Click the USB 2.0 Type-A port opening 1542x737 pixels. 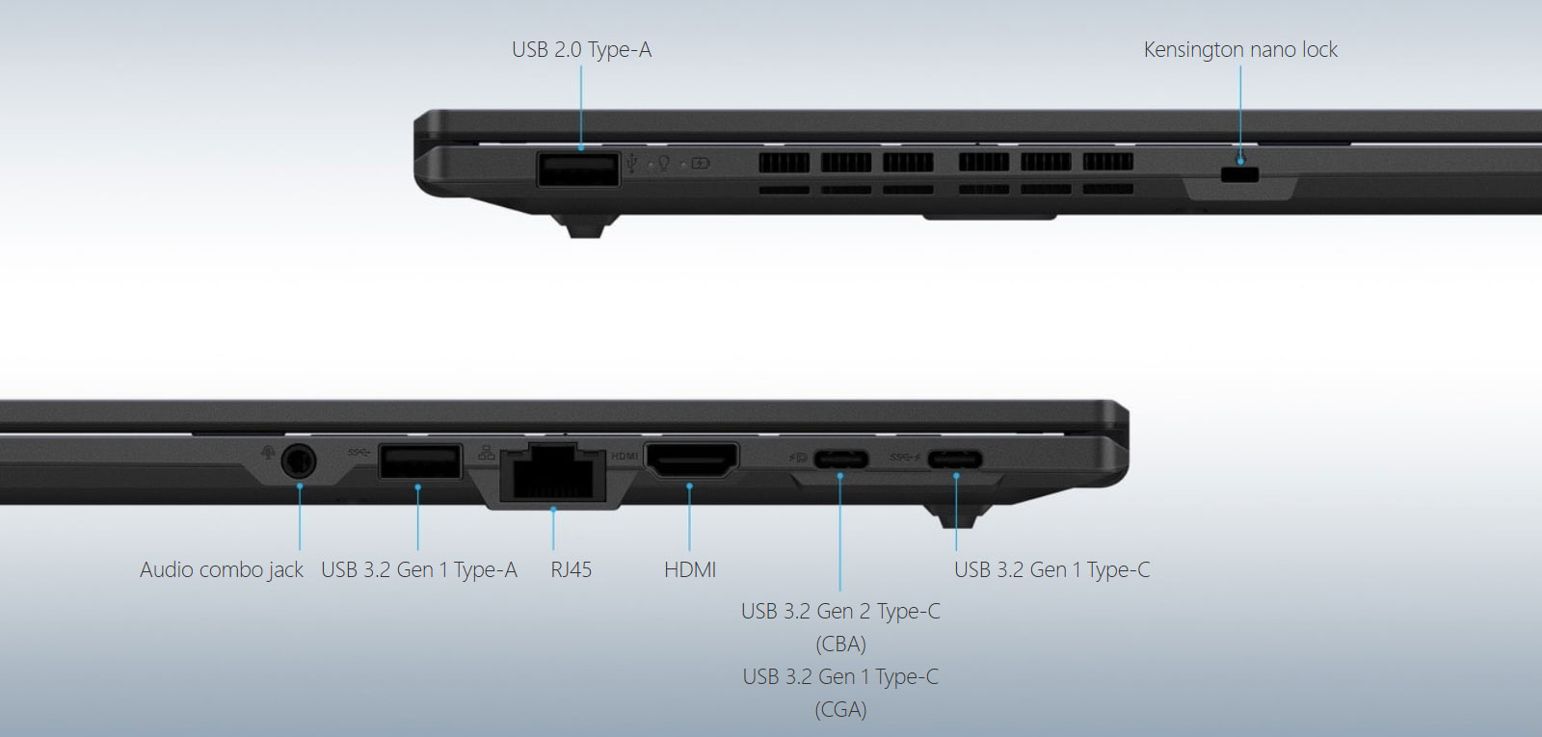[578, 170]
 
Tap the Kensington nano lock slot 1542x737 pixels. [1239, 174]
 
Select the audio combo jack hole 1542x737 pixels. [299, 461]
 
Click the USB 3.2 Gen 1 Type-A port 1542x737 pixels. [420, 461]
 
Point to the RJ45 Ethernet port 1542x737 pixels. [553, 472]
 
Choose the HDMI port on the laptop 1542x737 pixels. [691, 460]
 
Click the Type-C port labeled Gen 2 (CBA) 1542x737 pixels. [840, 459]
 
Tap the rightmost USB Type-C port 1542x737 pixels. [955, 459]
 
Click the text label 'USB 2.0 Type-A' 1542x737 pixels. [582, 49]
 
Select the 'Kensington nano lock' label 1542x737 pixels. [1240, 49]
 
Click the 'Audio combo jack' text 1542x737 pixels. [222, 569]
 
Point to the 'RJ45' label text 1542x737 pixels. [572, 569]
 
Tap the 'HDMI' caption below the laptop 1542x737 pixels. [690, 569]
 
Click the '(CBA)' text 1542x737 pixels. [840, 645]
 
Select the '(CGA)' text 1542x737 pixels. [840, 709]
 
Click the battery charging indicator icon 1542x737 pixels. [700, 164]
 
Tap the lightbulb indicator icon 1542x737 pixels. [664, 164]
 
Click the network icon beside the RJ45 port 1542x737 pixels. [487, 453]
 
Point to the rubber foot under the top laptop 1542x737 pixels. [586, 226]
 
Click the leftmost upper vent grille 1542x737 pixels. [784, 163]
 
